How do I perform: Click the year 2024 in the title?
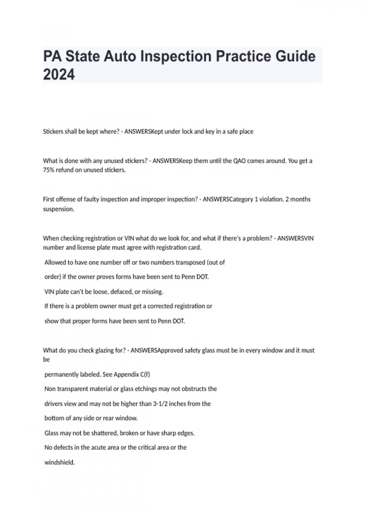(x=59, y=75)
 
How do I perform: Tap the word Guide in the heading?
(x=295, y=56)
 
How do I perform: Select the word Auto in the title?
(x=120, y=56)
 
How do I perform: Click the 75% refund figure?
(x=49, y=170)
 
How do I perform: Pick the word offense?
(x=68, y=199)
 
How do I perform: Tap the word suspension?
(x=58, y=209)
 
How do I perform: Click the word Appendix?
(x=126, y=374)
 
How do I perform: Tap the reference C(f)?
(x=145, y=374)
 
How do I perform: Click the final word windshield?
(x=60, y=463)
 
